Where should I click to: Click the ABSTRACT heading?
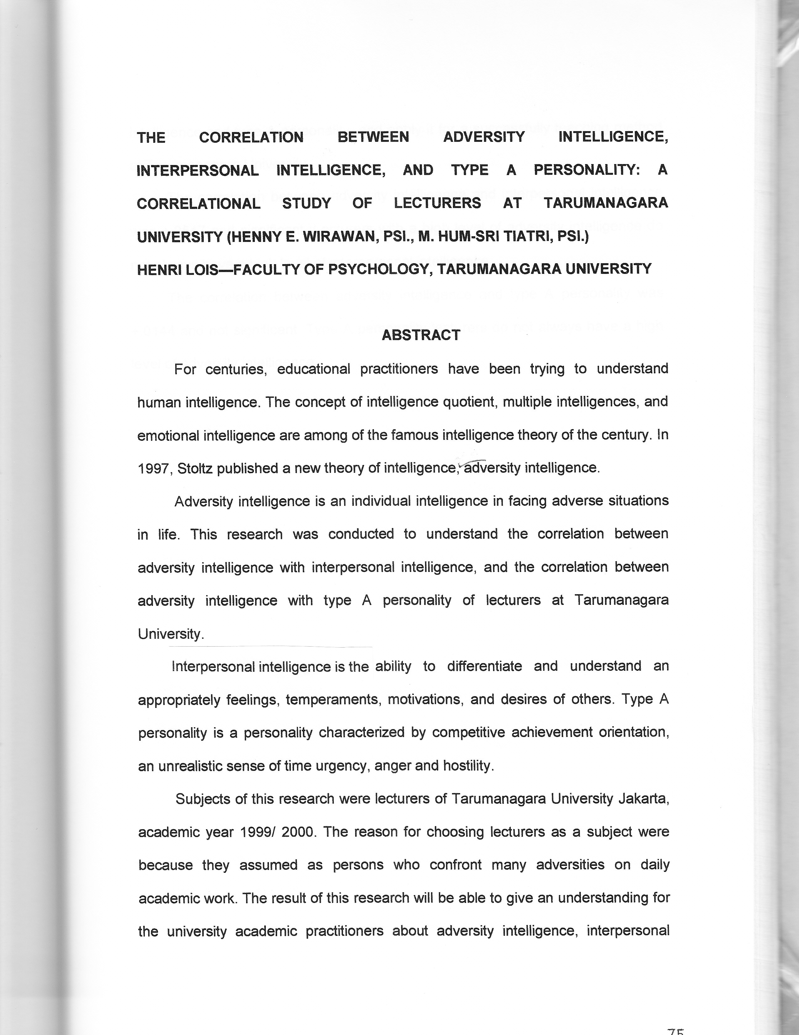click(x=421, y=335)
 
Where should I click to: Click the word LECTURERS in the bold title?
click(x=437, y=203)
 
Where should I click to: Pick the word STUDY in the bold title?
click(x=307, y=203)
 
